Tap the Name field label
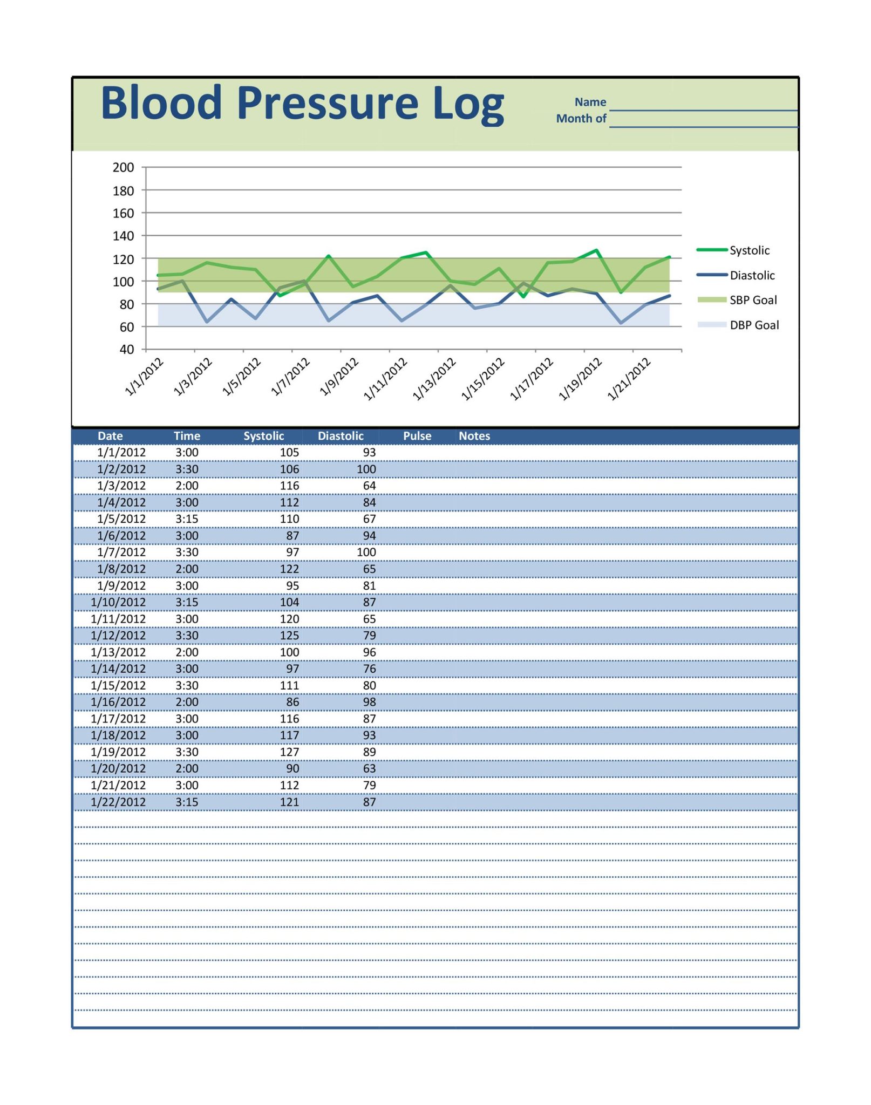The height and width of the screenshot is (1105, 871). click(590, 102)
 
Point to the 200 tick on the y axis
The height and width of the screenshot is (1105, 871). click(123, 167)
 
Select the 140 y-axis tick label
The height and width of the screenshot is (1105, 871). click(123, 236)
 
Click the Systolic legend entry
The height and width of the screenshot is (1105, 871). click(749, 250)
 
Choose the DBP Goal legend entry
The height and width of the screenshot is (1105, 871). click(754, 325)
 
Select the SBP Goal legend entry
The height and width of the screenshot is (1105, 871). click(753, 300)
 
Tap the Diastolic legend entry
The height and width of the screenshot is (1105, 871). click(752, 275)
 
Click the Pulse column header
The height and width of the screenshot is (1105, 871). click(417, 436)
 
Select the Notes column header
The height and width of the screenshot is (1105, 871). click(474, 436)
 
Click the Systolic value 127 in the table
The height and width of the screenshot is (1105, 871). click(289, 752)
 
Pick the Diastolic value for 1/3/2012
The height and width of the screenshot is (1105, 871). click(369, 486)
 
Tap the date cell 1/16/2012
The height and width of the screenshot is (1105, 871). click(118, 702)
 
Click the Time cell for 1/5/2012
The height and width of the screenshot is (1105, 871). click(187, 519)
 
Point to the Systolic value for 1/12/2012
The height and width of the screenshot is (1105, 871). click(289, 635)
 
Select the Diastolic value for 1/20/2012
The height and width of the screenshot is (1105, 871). click(369, 768)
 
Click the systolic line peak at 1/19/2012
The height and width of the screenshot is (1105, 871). click(596, 250)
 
